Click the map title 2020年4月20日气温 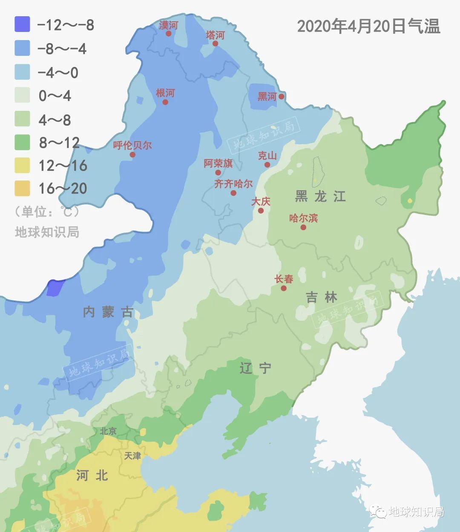coord(368,26)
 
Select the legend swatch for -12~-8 coord(22,24)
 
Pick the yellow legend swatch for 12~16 coord(22,165)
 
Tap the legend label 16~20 coord(63,188)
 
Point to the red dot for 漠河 coord(169,33)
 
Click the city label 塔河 coord(215,35)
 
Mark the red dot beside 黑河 coord(282,96)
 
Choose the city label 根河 coord(165,93)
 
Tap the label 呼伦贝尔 coord(132,145)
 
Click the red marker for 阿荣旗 coord(218,173)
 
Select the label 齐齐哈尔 coord(233,184)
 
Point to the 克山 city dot coord(267,165)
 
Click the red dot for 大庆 coord(261,211)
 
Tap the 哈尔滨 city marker coord(303,227)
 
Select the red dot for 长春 coord(284,288)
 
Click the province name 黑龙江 coord(320,196)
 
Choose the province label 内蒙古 coord(108,312)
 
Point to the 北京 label coord(108,431)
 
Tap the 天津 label coord(132,456)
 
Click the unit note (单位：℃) coord(47,211)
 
